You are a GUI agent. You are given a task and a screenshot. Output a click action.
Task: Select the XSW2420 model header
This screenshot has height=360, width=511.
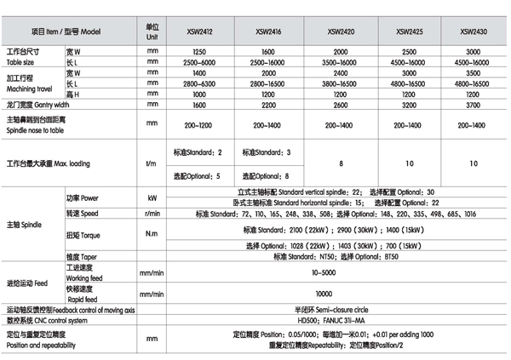point(342,32)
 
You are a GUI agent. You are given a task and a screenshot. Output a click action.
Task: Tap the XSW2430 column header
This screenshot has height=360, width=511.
point(473,32)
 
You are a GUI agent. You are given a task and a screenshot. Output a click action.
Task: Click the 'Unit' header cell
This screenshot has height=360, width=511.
point(152,33)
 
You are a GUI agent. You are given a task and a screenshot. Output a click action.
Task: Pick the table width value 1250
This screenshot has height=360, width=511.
point(201,53)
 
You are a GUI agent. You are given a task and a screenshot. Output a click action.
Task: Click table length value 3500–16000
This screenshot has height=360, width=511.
point(342,64)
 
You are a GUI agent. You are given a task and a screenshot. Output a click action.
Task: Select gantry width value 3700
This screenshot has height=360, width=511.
point(473,105)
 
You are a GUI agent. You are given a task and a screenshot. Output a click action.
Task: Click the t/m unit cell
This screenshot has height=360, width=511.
point(152,163)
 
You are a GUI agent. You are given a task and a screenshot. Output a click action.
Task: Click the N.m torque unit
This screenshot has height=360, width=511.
point(152,234)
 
